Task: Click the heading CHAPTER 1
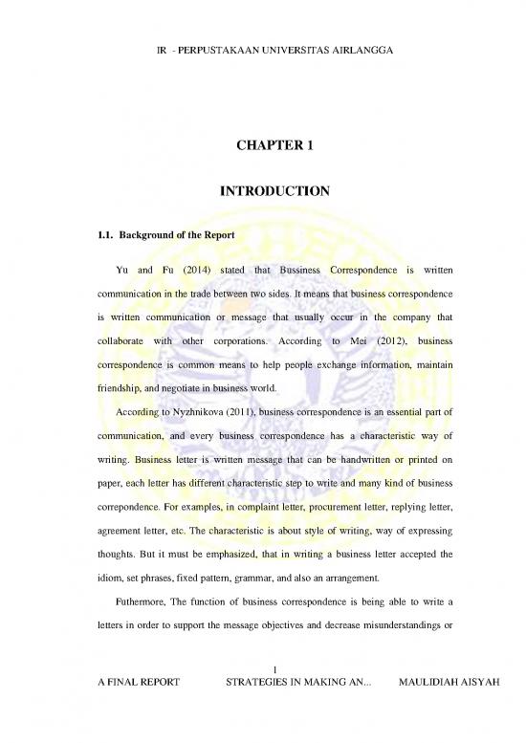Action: pyautogui.click(x=262, y=146)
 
